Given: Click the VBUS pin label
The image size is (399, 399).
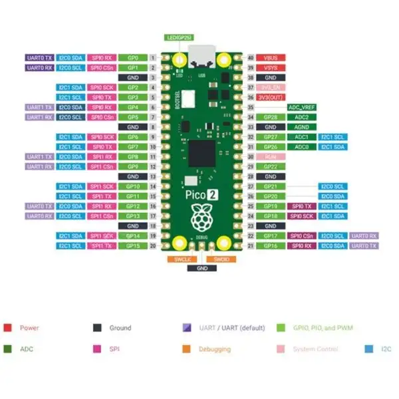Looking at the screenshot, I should click(270, 58).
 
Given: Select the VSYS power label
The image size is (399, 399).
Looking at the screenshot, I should click(270, 67).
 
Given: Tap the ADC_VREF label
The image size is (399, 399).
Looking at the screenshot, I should click(301, 107).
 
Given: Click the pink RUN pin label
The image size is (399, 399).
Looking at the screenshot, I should click(270, 156).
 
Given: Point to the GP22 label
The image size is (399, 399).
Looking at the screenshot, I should click(270, 166).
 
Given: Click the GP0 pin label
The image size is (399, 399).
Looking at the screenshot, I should click(133, 58).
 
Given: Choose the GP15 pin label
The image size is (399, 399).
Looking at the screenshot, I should click(133, 245).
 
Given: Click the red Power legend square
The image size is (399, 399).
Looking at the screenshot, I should click(7, 328).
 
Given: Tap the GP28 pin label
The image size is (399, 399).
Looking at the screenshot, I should click(270, 117).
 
